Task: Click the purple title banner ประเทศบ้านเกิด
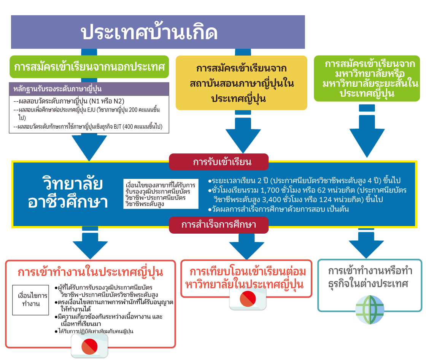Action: tap(158, 32)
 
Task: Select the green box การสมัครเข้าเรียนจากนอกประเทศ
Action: tap(89, 67)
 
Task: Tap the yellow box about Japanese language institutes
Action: tap(241, 83)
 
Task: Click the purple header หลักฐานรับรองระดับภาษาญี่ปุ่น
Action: tap(89, 89)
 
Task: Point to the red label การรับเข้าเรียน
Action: tap(218, 162)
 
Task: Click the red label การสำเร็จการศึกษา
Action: tap(218, 225)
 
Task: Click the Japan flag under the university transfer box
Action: tap(248, 300)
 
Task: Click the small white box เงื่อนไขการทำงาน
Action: tap(30, 300)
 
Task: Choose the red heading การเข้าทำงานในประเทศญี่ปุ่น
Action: tap(91, 272)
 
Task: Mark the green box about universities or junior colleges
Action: tap(367, 78)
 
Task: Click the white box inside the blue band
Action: tap(161, 193)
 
